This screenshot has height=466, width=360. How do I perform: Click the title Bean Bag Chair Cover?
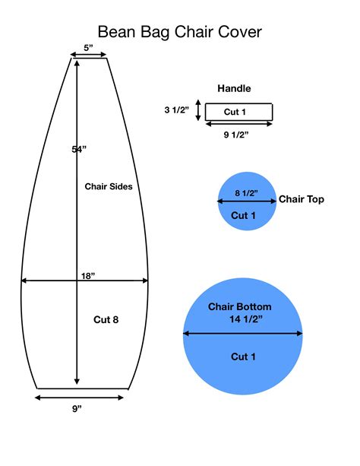(180, 32)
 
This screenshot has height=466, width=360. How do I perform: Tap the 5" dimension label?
(88, 48)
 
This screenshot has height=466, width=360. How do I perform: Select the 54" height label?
(79, 149)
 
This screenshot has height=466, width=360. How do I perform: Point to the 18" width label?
(88, 276)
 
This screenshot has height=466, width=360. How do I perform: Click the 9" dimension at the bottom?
(77, 409)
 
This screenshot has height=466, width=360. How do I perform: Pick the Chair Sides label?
(109, 186)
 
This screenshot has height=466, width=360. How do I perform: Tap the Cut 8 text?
(106, 319)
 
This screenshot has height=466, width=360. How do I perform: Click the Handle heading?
(234, 88)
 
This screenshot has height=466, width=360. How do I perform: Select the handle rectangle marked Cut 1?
(238, 112)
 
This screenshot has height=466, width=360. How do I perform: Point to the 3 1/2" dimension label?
(177, 110)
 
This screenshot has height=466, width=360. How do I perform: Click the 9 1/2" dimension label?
(236, 135)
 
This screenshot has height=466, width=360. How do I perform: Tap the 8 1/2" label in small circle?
(246, 193)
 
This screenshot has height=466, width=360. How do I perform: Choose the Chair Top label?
(302, 199)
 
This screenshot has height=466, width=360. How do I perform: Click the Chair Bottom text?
(240, 306)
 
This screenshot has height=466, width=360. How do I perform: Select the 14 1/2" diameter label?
(246, 319)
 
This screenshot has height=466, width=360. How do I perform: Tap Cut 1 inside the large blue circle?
(243, 357)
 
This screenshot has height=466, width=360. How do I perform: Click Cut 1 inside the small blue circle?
(243, 215)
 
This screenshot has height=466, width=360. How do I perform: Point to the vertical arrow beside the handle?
(198, 110)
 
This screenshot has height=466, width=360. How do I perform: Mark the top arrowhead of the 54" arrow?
(77, 62)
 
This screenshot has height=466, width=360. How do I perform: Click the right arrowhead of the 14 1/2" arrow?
(300, 334)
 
